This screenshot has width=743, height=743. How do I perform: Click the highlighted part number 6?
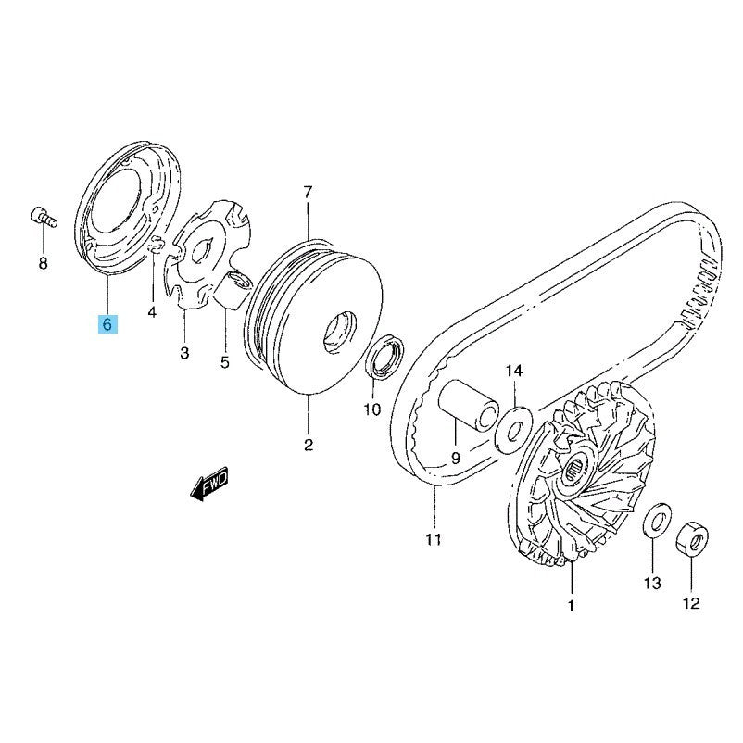[107, 324]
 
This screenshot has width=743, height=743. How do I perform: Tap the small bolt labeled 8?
[44, 217]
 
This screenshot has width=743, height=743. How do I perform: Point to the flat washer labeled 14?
[513, 429]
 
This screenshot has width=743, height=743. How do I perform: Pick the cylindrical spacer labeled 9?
[468, 406]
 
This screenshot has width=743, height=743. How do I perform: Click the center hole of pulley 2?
[340, 332]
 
